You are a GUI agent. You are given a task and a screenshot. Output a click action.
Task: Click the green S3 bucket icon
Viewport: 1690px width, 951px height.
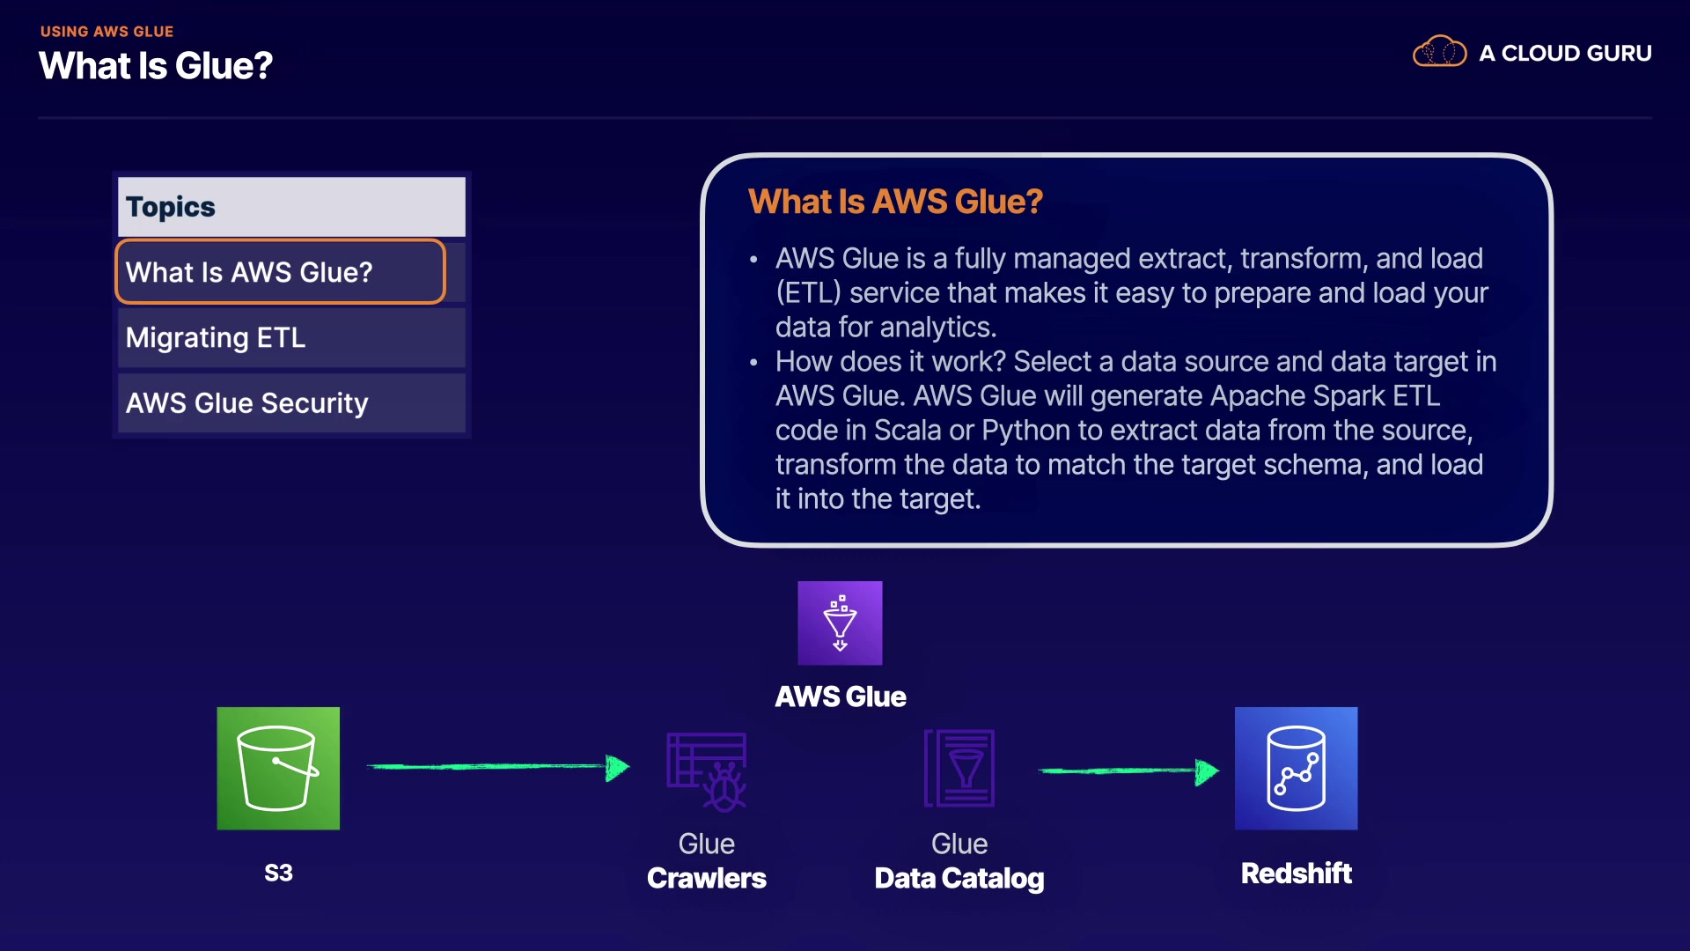tap(278, 768)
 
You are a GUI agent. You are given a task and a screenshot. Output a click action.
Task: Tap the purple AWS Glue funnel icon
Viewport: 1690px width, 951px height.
tap(840, 623)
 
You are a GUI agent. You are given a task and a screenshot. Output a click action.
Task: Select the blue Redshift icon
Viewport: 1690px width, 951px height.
tap(1296, 768)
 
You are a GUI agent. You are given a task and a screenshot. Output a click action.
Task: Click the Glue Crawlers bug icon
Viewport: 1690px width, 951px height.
tap(707, 771)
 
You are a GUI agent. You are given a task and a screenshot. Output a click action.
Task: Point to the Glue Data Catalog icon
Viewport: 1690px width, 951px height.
tap(959, 768)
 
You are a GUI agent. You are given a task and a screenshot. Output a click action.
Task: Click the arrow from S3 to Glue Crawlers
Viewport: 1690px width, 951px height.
tap(498, 767)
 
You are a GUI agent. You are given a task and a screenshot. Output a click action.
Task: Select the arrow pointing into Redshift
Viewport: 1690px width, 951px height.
tap(1129, 771)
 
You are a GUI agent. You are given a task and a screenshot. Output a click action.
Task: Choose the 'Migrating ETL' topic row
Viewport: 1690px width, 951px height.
tap(291, 337)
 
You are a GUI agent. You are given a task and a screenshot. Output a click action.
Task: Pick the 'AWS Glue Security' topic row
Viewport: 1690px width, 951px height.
tap(291, 402)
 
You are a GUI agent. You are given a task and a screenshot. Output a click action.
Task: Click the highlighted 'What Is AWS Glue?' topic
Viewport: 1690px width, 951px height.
tap(280, 272)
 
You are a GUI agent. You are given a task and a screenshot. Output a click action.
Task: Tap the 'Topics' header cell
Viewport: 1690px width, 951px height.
tap(291, 207)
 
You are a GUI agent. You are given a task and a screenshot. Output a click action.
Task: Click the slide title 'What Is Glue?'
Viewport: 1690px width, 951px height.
tap(156, 66)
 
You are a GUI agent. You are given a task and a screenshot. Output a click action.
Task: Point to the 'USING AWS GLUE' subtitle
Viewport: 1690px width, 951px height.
tap(107, 32)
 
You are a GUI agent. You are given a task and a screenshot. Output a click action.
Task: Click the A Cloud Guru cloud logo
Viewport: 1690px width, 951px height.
tap(1439, 52)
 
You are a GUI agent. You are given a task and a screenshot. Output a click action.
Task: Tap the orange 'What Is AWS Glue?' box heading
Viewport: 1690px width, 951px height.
tap(895, 202)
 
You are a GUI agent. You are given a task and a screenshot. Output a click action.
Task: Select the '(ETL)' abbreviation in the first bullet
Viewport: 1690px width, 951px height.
tap(808, 293)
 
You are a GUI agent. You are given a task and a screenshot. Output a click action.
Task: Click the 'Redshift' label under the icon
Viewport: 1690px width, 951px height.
tap(1296, 874)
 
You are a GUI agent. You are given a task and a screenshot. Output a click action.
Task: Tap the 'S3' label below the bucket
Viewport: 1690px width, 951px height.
tap(278, 873)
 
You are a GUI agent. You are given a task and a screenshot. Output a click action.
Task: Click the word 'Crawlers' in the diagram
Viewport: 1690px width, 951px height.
tap(707, 878)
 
